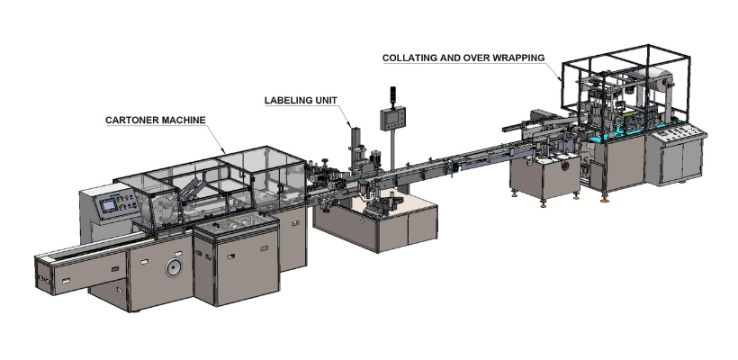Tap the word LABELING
tap(287, 100)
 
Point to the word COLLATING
tap(409, 58)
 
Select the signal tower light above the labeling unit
tap(390, 94)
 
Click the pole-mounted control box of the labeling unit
tap(392, 120)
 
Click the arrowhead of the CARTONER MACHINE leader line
tap(227, 150)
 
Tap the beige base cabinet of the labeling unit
tap(396, 225)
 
